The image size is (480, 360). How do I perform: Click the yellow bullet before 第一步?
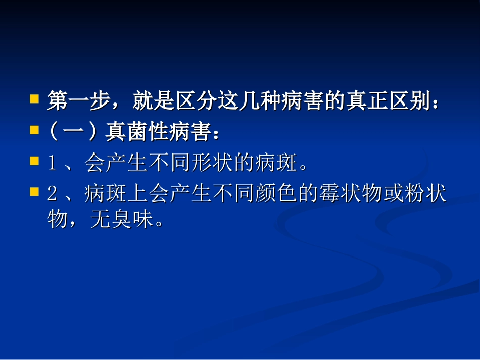point(34,98)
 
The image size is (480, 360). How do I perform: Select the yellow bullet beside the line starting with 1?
point(34,161)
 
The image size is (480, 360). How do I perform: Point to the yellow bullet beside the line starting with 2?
point(34,192)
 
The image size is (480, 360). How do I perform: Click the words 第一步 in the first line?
point(79,101)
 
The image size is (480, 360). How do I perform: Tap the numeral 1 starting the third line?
point(52,164)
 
